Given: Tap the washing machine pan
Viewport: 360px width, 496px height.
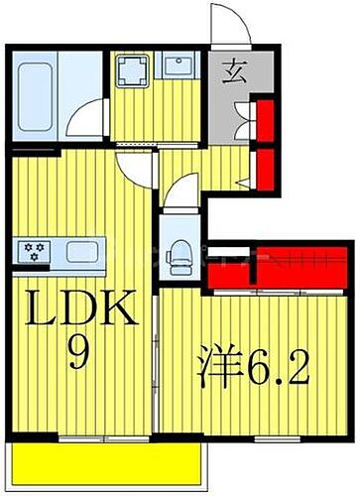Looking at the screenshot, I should pos(129,71).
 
